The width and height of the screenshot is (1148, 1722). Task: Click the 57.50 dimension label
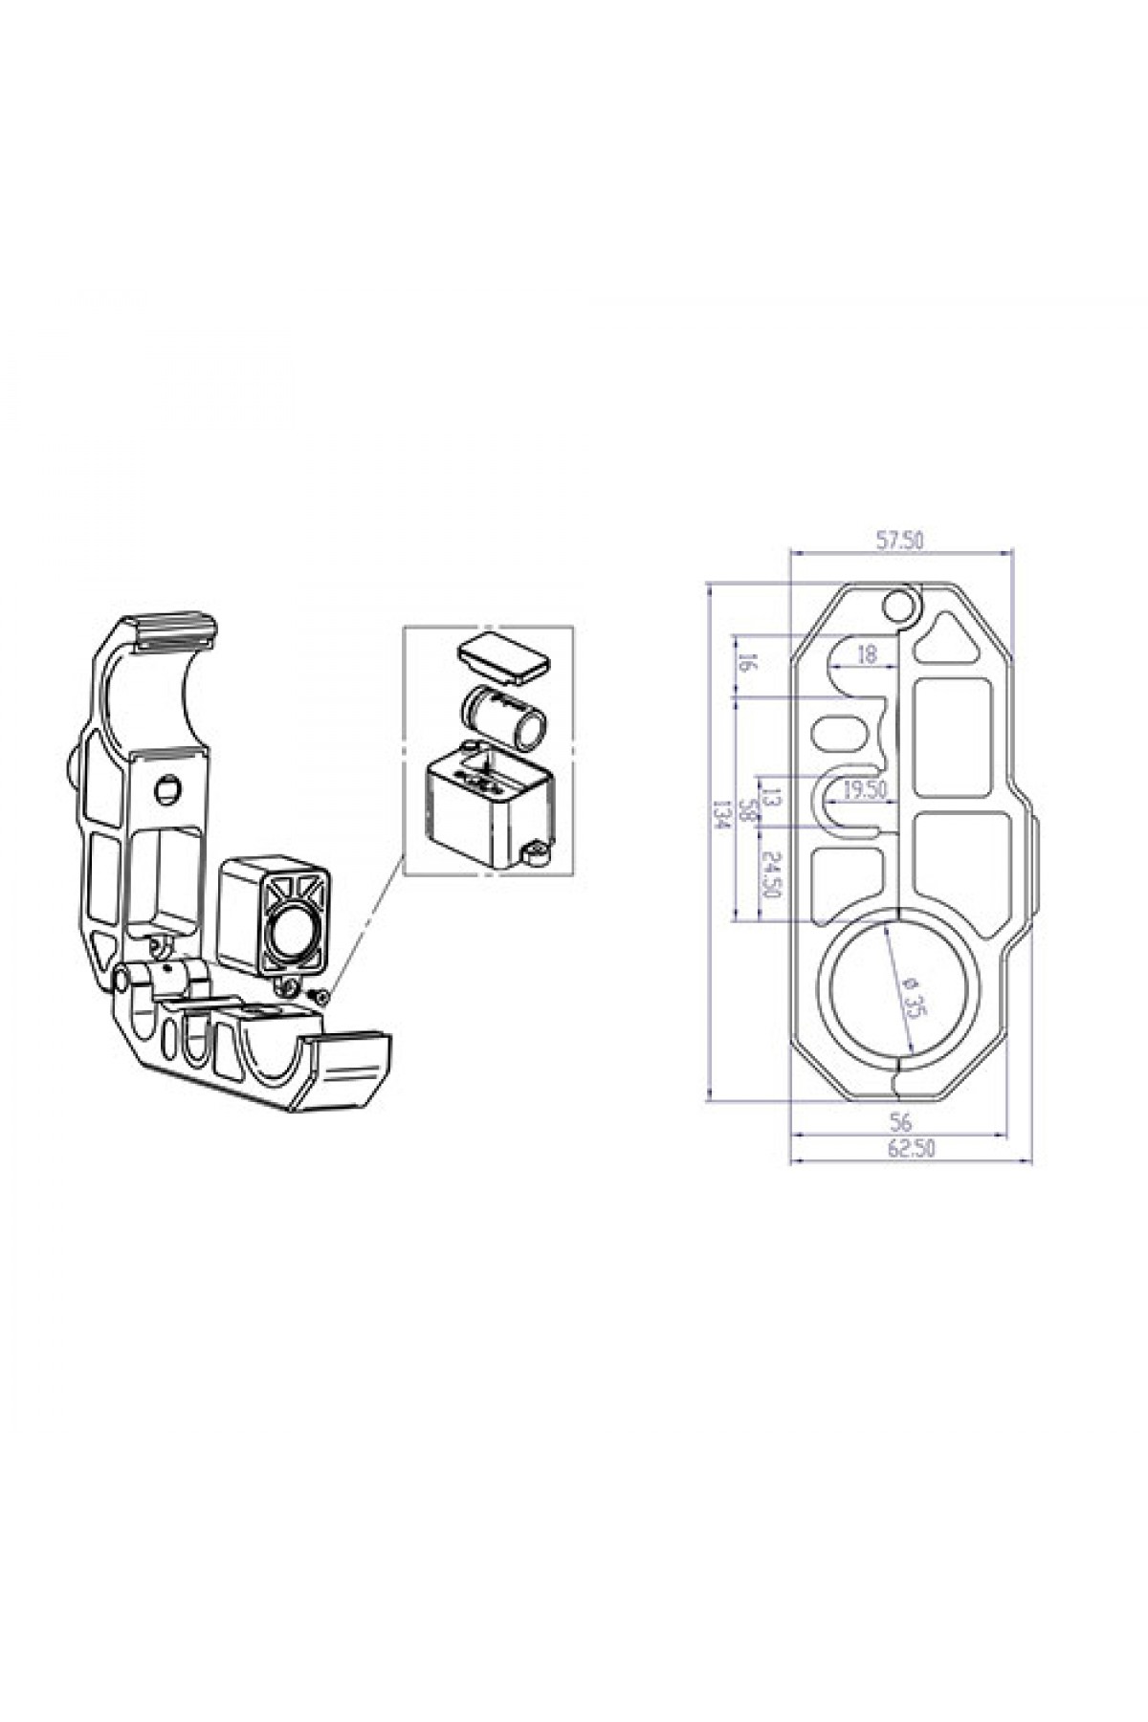pos(900,541)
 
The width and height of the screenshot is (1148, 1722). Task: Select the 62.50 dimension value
pos(911,1150)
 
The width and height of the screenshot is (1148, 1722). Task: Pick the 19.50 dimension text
pos(866,789)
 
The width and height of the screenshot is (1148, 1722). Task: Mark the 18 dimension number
pos(867,655)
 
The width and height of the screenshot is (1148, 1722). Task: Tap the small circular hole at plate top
pos(898,606)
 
